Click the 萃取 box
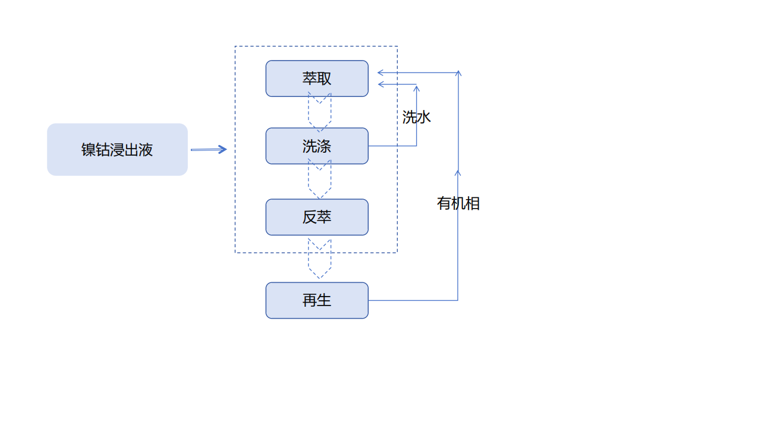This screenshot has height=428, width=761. [x=317, y=78]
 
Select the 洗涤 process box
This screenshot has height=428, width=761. [x=317, y=146]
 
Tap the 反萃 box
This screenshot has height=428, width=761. [x=317, y=218]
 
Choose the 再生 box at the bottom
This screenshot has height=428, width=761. [x=317, y=301]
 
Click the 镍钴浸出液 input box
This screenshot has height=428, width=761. [x=117, y=150]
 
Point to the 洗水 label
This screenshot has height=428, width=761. [x=416, y=118]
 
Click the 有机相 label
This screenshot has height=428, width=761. [x=458, y=204]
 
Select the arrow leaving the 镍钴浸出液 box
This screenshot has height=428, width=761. [x=209, y=150]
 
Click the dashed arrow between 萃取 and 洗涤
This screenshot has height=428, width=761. [x=319, y=112]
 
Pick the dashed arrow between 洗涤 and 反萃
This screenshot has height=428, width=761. [x=319, y=180]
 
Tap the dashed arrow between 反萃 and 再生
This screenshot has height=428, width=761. [x=319, y=259]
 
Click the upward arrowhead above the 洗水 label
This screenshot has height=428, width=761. [x=416, y=89]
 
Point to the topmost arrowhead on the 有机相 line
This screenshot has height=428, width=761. [x=458, y=74]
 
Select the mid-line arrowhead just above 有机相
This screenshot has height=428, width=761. [x=458, y=173]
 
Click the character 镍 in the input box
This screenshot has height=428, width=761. [x=88, y=150]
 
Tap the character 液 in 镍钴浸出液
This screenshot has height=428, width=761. [x=146, y=150]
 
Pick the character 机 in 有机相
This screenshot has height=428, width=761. [x=458, y=204]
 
